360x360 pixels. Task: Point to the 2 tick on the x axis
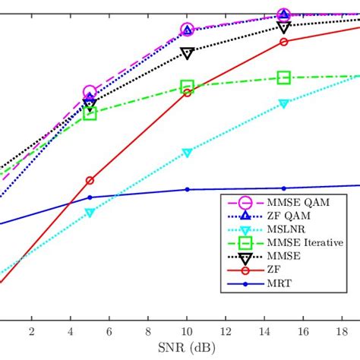[32, 331]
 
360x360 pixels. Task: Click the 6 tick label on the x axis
[109, 331]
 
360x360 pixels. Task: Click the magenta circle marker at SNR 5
[90, 93]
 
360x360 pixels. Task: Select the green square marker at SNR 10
[187, 87]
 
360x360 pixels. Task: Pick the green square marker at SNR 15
[283, 77]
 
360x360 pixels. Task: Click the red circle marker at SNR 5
[90, 181]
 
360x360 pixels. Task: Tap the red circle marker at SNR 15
[283, 42]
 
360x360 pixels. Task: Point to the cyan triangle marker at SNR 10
[187, 153]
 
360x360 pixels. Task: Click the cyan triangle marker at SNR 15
[283, 104]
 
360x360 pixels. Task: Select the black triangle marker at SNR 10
[187, 53]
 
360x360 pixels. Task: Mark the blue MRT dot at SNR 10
[187, 189]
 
